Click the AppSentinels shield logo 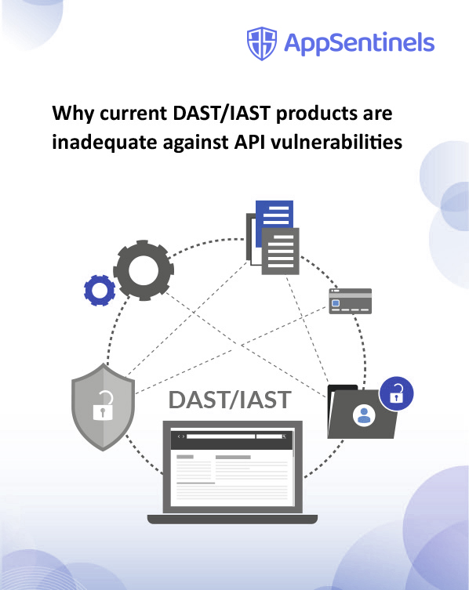tap(262, 43)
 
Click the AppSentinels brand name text tap(359, 43)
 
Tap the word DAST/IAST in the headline tap(222, 113)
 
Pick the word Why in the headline tap(73, 114)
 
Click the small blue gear tap(100, 290)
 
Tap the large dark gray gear tap(144, 270)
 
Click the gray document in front tap(280, 251)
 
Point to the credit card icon tap(351, 301)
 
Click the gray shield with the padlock tap(104, 407)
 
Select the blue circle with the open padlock tap(396, 393)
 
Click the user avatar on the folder tap(364, 415)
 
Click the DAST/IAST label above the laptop tap(230, 400)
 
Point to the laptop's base tap(232, 519)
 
